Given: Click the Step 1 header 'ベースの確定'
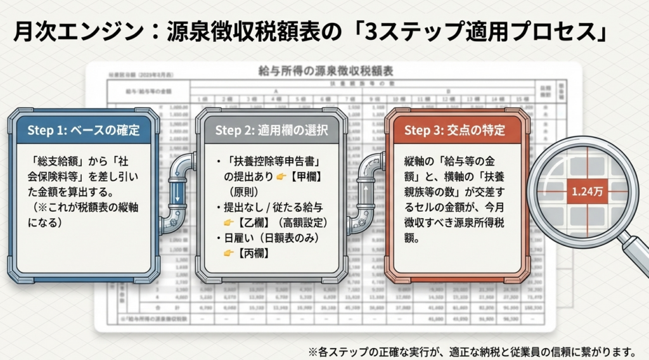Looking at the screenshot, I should (83, 131).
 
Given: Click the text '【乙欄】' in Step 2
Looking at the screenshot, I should (254, 222).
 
